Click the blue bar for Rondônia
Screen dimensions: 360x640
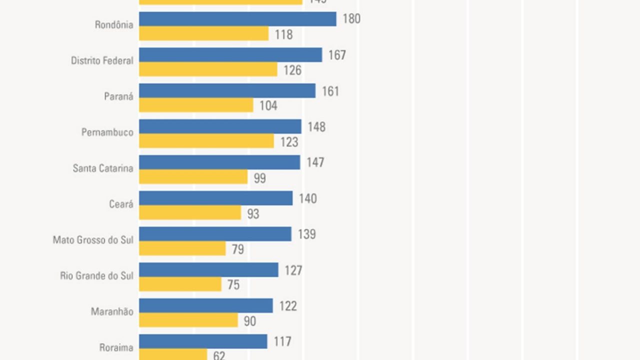click(x=237, y=19)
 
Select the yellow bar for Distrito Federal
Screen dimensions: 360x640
click(x=208, y=69)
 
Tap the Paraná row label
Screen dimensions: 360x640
click(x=118, y=96)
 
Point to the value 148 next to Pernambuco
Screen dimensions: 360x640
click(x=316, y=127)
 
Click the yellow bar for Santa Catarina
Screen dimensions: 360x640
click(x=193, y=177)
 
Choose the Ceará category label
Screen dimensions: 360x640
click(x=121, y=204)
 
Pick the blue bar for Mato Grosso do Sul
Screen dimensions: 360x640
click(x=215, y=234)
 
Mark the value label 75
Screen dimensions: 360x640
click(x=233, y=285)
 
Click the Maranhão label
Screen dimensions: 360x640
click(x=112, y=311)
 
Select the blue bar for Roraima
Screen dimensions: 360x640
click(x=203, y=341)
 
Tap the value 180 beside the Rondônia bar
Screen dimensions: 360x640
click(x=351, y=19)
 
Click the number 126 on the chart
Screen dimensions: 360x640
click(x=292, y=70)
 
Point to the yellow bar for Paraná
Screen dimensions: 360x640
click(x=196, y=105)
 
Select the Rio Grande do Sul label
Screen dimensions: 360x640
click(x=96, y=275)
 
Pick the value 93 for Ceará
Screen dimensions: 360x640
click(x=253, y=214)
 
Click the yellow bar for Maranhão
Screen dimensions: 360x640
click(x=188, y=320)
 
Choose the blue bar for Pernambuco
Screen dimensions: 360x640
click(x=220, y=126)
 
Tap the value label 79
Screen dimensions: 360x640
click(x=238, y=249)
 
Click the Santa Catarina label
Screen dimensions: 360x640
click(x=103, y=168)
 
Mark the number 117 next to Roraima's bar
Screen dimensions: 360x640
click(x=282, y=342)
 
